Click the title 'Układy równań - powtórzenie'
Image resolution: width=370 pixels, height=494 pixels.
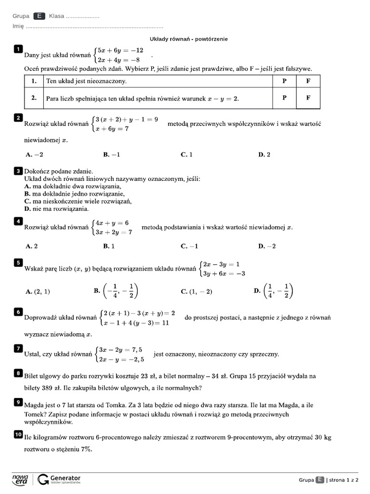189,39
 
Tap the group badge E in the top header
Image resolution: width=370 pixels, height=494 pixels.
40,16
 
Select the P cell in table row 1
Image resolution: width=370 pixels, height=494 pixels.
284,82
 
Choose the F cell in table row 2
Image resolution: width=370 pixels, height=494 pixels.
308,98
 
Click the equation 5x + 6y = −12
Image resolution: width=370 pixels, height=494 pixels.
120,50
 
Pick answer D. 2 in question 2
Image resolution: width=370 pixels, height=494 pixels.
264,155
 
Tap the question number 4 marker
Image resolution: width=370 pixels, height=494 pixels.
18,221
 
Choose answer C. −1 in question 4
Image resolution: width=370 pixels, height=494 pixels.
189,246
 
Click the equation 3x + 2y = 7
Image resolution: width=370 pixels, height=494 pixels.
114,232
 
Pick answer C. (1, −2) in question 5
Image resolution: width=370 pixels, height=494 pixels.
196,291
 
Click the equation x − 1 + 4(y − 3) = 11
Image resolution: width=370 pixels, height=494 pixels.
136,323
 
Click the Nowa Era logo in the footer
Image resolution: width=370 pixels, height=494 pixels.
20,479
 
